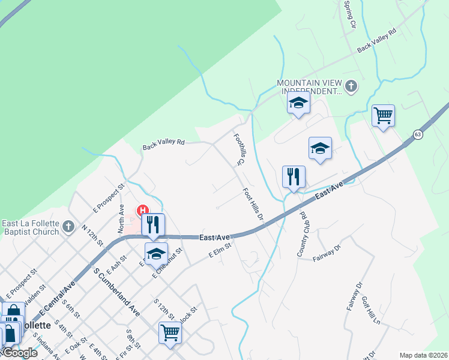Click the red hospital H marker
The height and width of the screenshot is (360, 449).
click(143, 211)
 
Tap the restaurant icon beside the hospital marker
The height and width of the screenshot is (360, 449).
click(152, 224)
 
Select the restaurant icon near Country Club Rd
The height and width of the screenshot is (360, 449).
click(294, 176)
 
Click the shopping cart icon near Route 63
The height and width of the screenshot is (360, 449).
click(383, 115)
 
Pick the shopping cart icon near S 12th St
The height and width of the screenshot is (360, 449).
click(170, 332)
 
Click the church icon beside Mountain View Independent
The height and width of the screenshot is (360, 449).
click(352, 87)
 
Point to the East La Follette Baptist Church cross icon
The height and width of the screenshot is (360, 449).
click(68, 227)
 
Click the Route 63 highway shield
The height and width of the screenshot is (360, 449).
click(418, 134)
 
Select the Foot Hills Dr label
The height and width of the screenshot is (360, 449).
click(253, 204)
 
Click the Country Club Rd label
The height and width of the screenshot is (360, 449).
click(301, 234)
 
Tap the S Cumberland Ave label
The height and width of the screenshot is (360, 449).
click(116, 292)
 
